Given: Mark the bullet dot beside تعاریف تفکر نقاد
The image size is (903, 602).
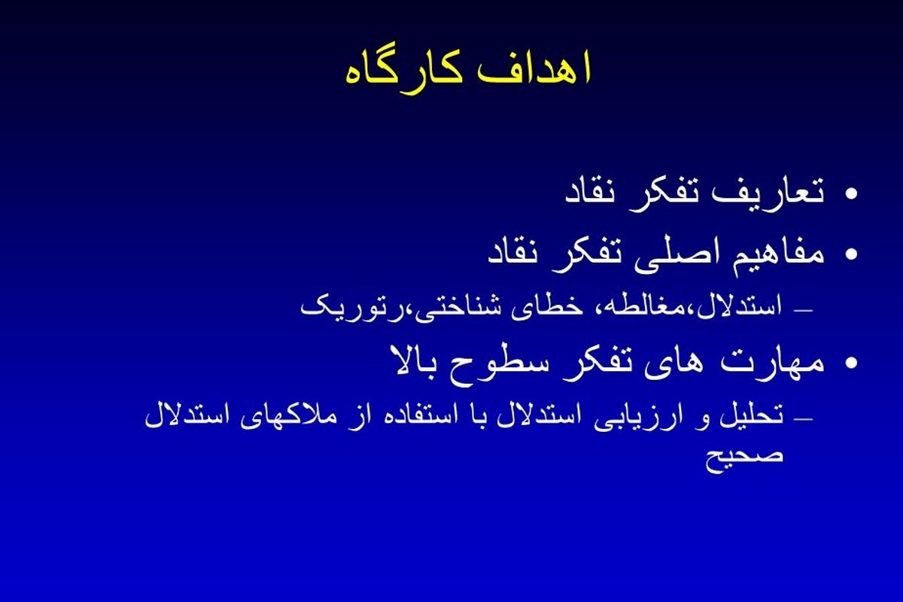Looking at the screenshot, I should click(851, 194).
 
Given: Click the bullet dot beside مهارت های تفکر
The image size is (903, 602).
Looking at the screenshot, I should click(851, 363).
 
